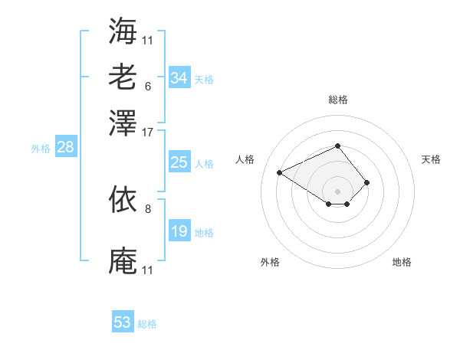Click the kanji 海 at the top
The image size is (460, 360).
coord(123,31)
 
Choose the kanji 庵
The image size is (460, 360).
coord(123,260)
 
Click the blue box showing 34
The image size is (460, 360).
coord(179,78)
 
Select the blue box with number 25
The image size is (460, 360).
coord(179,162)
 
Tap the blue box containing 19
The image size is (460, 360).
coord(179,231)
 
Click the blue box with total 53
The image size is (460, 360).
coord(123,322)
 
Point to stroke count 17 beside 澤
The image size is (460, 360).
coord(147,132)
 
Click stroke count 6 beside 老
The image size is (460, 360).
coord(147,86)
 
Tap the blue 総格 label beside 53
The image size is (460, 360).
coord(147,324)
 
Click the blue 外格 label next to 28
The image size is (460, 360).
coord(41,149)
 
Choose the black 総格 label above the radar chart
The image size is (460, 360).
coord(338,100)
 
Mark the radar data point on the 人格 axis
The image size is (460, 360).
coord(280,172)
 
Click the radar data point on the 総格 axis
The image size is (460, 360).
coord(337,146)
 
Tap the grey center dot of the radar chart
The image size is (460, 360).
coord(337,191)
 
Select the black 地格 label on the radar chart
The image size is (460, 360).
coord(402,263)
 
